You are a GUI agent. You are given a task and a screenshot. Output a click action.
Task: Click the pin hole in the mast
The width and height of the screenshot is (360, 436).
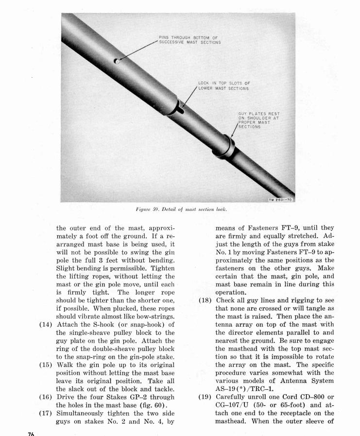pos(116,61)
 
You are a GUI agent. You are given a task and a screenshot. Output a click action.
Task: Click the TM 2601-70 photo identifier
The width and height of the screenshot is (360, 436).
pos(282,200)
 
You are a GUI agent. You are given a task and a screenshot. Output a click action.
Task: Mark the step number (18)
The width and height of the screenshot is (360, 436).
pos(204,300)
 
